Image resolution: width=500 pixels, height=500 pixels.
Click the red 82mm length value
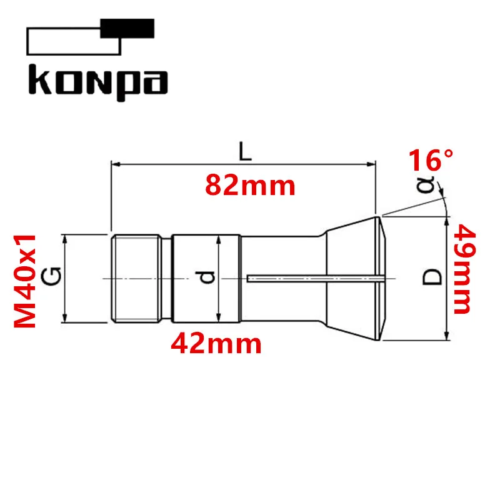pos(251,185)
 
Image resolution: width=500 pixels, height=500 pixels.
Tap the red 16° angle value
pos(431,161)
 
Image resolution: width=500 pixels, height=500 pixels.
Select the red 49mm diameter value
pos(465,269)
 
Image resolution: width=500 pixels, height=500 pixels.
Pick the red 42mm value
pos(216,343)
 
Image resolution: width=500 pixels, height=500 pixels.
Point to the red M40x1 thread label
pos(25,281)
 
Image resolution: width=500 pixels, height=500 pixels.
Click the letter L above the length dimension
pos(245,151)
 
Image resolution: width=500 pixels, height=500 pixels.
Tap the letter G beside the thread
pos(51,276)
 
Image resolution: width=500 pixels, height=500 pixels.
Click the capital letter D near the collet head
pos(432,277)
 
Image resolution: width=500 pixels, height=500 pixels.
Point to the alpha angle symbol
pos(426,184)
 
